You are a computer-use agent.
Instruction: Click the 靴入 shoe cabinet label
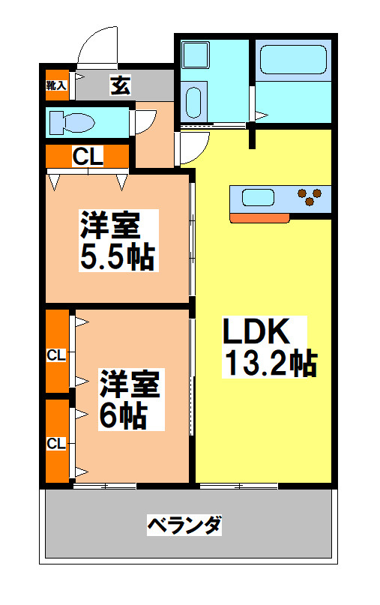(56, 85)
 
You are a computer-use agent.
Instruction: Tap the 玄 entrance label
(120, 85)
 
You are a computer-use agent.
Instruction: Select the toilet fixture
(70, 122)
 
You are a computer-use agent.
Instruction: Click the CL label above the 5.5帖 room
(88, 157)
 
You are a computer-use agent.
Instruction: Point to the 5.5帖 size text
(117, 257)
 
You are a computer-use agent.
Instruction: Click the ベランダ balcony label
(184, 525)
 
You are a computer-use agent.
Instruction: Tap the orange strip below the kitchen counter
(259, 218)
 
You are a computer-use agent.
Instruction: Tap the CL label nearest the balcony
(56, 444)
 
